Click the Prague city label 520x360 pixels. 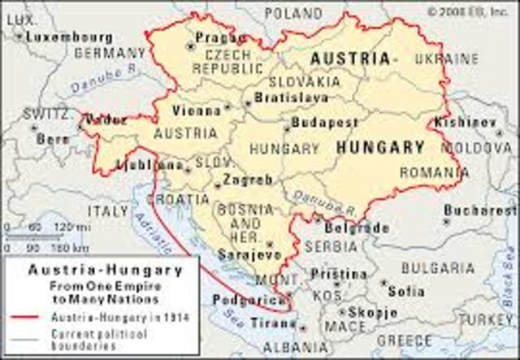point(220,37)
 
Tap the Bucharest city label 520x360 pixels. point(486,210)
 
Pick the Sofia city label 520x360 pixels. point(406,290)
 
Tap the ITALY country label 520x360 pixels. point(108,211)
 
